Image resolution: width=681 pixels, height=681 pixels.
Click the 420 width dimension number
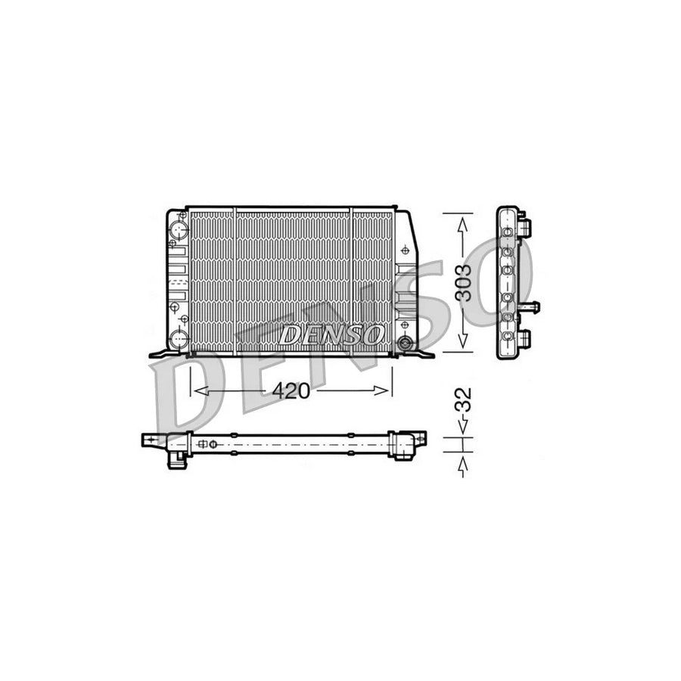coord(291,390)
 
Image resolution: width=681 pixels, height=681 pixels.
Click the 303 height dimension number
coord(465,282)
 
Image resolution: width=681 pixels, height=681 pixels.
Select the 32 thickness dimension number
coord(465,400)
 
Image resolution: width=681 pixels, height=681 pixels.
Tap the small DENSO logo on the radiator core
coord(331,334)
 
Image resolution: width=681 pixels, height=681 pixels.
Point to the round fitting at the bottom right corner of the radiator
coord(408,344)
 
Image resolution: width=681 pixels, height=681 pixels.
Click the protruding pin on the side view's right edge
coord(533,308)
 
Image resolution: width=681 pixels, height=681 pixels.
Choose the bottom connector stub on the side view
coord(525,337)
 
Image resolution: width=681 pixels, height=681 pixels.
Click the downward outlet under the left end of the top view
coord(177,460)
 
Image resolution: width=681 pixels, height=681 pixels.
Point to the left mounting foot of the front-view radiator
coord(160,353)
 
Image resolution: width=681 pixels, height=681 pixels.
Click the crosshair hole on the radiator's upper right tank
coord(406,249)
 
